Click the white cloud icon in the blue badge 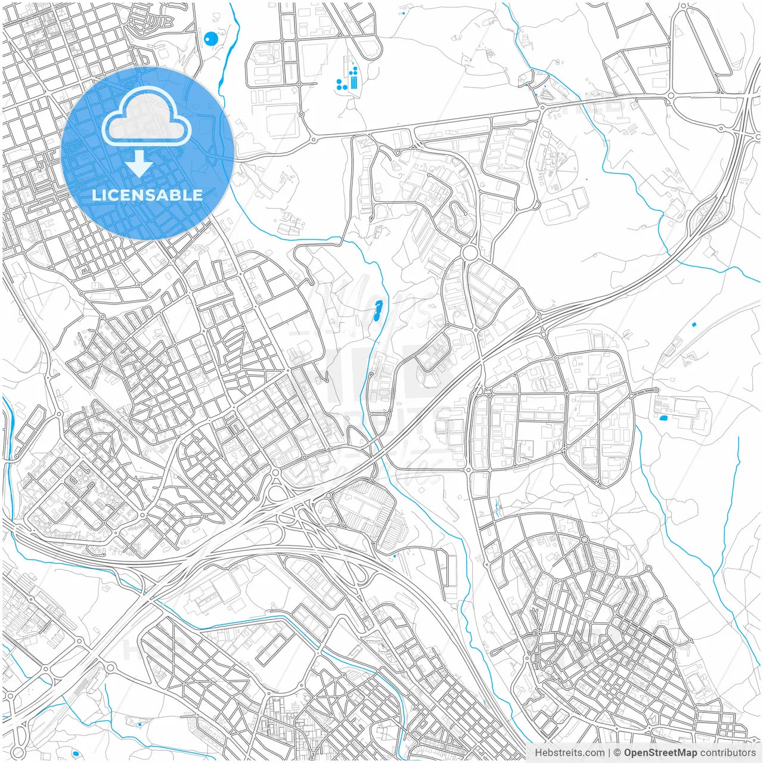coord(147,117)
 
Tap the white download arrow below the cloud coord(139,164)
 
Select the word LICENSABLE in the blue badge coord(147,195)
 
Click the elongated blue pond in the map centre coord(377,311)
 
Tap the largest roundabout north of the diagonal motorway coord(470,253)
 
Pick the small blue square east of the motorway coord(694,324)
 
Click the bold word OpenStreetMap coord(660,753)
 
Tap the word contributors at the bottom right coord(727,753)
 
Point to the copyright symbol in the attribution coord(618,753)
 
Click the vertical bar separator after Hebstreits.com coord(609,753)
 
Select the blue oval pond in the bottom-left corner coord(76,754)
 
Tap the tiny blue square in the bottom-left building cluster coord(139,724)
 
